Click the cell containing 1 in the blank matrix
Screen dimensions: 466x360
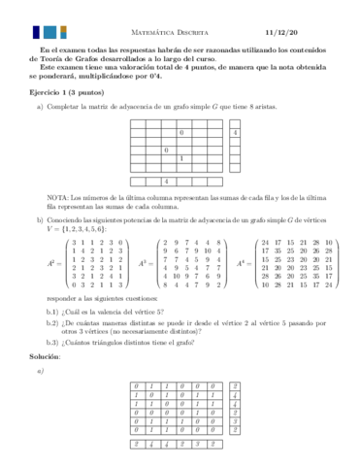click(x=181, y=158)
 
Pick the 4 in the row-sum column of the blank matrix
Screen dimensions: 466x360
click(x=236, y=132)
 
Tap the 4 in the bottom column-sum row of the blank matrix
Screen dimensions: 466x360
click(x=166, y=181)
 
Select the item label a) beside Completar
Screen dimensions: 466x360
click(x=40, y=109)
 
